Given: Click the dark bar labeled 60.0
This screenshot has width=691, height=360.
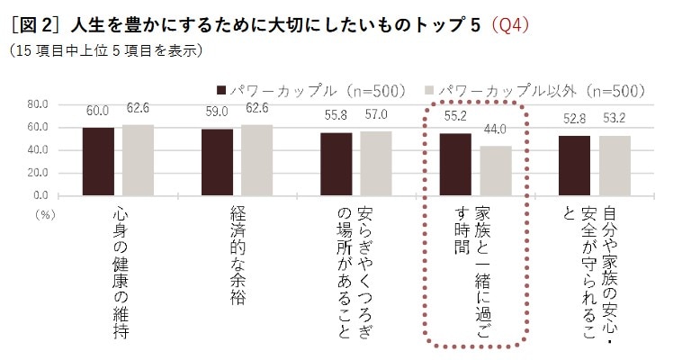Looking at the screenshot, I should click(98, 161).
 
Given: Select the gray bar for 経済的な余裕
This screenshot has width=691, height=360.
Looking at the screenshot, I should click(256, 159).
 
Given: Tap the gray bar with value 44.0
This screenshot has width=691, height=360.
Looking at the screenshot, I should click(495, 170).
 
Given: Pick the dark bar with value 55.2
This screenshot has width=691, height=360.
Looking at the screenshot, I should click(455, 164).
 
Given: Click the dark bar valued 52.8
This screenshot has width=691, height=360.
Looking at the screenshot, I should click(574, 166).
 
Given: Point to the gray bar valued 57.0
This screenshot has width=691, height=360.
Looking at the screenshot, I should click(376, 163).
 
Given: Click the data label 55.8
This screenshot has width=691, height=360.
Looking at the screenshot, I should click(337, 115).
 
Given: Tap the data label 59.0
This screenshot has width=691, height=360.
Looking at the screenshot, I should click(216, 112).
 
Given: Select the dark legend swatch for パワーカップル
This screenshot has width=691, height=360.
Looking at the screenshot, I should click(220, 90).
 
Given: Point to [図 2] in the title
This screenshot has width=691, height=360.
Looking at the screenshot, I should click(34, 24).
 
